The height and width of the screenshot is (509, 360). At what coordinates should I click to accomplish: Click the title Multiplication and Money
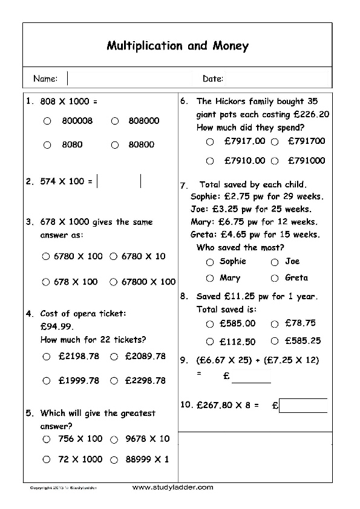(177, 46)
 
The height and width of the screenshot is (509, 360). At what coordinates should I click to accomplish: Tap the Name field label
(45, 79)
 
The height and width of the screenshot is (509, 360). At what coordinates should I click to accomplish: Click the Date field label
(213, 79)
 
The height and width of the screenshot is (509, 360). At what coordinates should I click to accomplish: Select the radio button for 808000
(114, 121)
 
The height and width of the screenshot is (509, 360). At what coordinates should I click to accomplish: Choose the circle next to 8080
(47, 144)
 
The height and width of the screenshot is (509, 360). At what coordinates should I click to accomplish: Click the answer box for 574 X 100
(119, 181)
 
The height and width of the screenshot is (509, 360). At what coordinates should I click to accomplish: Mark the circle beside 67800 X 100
(113, 282)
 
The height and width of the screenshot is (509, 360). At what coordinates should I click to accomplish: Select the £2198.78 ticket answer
(47, 357)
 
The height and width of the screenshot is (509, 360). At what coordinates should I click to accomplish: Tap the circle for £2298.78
(114, 381)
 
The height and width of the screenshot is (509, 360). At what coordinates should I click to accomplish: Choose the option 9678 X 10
(114, 439)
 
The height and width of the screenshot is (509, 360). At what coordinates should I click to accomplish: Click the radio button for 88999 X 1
(114, 459)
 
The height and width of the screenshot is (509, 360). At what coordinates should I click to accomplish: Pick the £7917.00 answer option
(210, 142)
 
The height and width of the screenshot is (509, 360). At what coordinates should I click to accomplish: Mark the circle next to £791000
(275, 161)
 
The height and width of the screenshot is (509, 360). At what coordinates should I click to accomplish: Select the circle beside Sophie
(210, 262)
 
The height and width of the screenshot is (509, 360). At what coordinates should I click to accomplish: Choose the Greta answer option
(274, 278)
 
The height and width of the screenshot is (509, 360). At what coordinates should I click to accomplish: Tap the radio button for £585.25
(274, 341)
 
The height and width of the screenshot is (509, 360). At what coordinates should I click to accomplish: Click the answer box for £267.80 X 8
(303, 406)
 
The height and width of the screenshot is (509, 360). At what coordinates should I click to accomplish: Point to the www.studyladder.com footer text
(172, 487)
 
